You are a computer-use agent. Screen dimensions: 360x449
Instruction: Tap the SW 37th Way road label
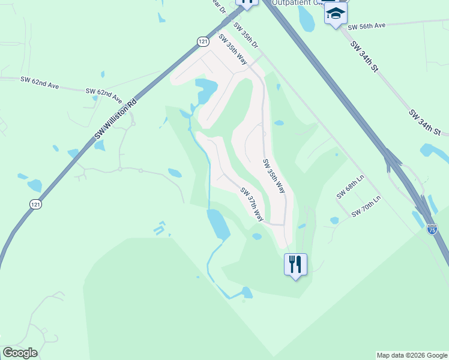[253, 205]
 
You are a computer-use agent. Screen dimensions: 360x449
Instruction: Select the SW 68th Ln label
[350, 187]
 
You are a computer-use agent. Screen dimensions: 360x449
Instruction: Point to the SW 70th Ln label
[366, 206]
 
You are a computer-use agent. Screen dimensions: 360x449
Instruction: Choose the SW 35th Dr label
[246, 37]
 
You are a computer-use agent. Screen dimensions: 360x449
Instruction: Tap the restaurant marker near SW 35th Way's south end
[295, 263]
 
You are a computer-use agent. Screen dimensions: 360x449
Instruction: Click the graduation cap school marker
[336, 13]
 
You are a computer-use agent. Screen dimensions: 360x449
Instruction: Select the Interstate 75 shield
[432, 229]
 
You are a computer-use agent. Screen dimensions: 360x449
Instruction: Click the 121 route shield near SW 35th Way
[202, 40]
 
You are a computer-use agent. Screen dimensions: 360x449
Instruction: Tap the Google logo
[20, 353]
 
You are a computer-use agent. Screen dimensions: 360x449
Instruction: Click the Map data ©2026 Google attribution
[412, 355]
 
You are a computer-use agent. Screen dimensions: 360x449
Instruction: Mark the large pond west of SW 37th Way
[218, 223]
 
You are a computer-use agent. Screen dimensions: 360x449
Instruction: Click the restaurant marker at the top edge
[247, 2]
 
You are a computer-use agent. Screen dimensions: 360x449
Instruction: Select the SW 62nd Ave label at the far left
[40, 82]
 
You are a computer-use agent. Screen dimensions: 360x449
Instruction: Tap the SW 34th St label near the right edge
[426, 122]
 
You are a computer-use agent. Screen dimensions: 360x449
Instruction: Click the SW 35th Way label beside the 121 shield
[233, 49]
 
